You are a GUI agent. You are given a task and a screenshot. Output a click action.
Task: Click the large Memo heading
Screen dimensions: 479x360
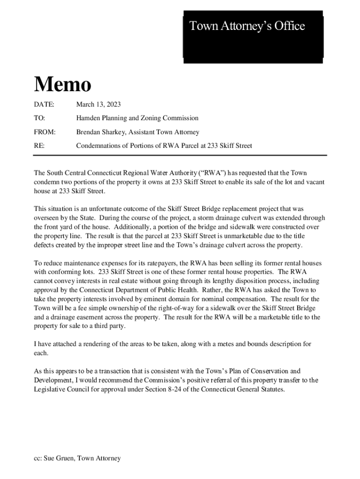coord(62,85)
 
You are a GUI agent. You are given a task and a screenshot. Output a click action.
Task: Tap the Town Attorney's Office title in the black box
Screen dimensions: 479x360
coord(247,26)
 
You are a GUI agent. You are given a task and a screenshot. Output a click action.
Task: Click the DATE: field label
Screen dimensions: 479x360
coord(44,104)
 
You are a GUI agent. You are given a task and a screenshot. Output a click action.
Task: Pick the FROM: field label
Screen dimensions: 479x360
coord(45,132)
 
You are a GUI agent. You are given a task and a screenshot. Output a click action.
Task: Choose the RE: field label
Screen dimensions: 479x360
coord(39,146)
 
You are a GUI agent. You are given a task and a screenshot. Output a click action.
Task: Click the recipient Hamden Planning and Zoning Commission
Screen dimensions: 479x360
coord(137,118)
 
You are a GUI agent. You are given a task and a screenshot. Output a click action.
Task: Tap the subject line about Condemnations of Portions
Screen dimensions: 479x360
coord(164,146)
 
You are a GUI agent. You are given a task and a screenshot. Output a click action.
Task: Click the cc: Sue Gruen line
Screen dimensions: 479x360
coord(77,458)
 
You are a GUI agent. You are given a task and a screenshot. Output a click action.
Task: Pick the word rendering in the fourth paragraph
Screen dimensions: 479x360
coord(92,344)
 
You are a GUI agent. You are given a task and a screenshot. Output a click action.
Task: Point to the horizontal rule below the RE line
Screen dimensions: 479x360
coord(180,155)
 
